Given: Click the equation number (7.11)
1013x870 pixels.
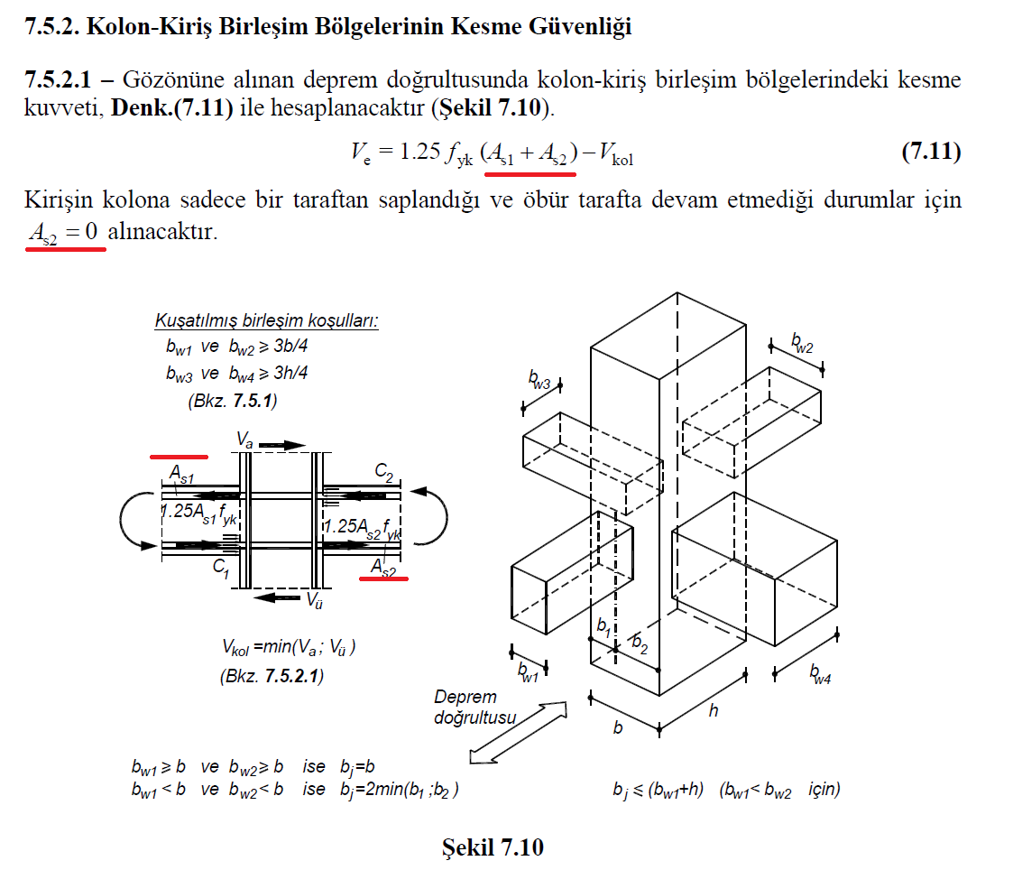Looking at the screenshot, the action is (x=931, y=152).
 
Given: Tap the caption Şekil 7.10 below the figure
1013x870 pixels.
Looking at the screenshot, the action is (x=493, y=847).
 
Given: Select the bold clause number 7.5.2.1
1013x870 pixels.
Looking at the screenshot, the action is (x=58, y=79).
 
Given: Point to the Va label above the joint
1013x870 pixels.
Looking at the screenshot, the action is (x=244, y=440).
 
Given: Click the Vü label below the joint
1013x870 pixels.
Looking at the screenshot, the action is (x=314, y=600).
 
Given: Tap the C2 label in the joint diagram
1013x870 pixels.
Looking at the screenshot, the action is (x=383, y=473).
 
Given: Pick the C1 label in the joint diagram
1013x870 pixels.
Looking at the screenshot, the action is (x=221, y=569).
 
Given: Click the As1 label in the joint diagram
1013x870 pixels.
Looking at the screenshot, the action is (x=181, y=475).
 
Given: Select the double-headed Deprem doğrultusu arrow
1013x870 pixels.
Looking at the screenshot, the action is (x=518, y=733).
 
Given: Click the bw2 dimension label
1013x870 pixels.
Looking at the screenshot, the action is (x=803, y=343).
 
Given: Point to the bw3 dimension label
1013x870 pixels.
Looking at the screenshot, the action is (x=539, y=379).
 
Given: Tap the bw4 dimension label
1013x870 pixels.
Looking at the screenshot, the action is (x=821, y=673).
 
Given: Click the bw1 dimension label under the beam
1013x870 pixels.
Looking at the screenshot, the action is (x=528, y=672).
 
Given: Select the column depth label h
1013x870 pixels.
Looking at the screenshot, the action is (x=714, y=710).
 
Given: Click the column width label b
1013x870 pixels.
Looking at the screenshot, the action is (x=618, y=727).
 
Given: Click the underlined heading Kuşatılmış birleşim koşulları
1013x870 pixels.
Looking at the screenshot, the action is (x=267, y=320).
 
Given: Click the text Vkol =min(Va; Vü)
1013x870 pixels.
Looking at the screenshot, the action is (x=289, y=646).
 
